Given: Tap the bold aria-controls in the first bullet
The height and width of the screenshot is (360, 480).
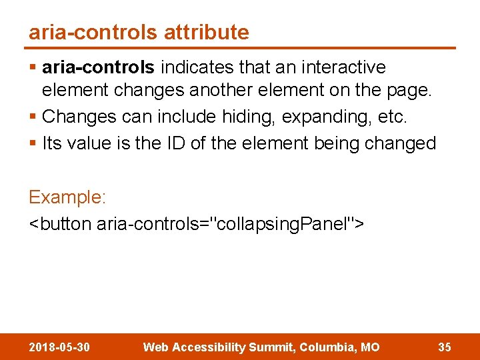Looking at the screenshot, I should (x=98, y=67).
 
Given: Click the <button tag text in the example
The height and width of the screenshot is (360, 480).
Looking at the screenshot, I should (x=61, y=223).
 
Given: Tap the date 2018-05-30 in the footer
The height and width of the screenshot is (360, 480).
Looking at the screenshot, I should (x=60, y=347).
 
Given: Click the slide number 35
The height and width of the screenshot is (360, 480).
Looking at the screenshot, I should (x=445, y=347).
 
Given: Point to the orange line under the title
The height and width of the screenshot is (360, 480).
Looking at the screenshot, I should (x=240, y=48).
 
